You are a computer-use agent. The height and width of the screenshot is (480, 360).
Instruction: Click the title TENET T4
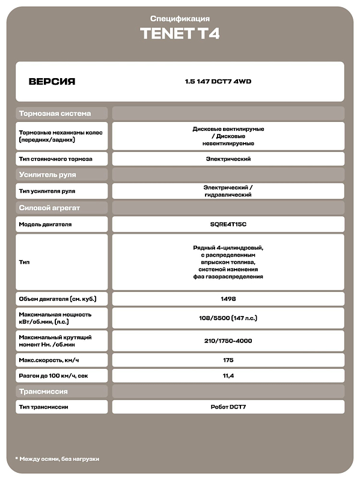(180, 34)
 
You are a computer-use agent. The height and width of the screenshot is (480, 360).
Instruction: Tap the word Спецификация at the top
(180, 19)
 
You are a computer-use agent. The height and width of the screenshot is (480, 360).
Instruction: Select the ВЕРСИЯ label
(52, 82)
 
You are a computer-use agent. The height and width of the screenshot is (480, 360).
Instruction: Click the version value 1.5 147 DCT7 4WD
(218, 82)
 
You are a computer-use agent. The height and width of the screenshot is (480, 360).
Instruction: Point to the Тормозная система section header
(55, 113)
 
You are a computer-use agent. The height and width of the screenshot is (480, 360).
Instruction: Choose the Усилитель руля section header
(47, 175)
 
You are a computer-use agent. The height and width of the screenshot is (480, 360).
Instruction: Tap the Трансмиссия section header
(43, 391)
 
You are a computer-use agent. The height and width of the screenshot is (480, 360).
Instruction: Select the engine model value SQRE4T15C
(228, 224)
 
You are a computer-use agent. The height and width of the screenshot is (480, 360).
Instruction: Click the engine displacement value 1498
(228, 299)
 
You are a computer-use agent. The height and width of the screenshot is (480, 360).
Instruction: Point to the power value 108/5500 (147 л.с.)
(228, 318)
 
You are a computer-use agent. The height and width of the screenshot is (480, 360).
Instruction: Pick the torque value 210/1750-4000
(228, 341)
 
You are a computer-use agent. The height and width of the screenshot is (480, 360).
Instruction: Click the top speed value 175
(228, 360)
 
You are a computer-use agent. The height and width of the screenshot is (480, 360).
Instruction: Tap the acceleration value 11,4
(228, 375)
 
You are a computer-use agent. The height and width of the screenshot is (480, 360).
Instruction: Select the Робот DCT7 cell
(228, 407)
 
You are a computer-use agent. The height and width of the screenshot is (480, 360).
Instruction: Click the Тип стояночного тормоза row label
(54, 159)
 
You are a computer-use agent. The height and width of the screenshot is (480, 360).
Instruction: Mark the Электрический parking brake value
(228, 159)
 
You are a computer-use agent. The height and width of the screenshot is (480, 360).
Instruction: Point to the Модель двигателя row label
(45, 224)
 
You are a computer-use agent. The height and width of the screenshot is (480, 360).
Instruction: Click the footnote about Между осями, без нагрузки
(57, 459)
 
